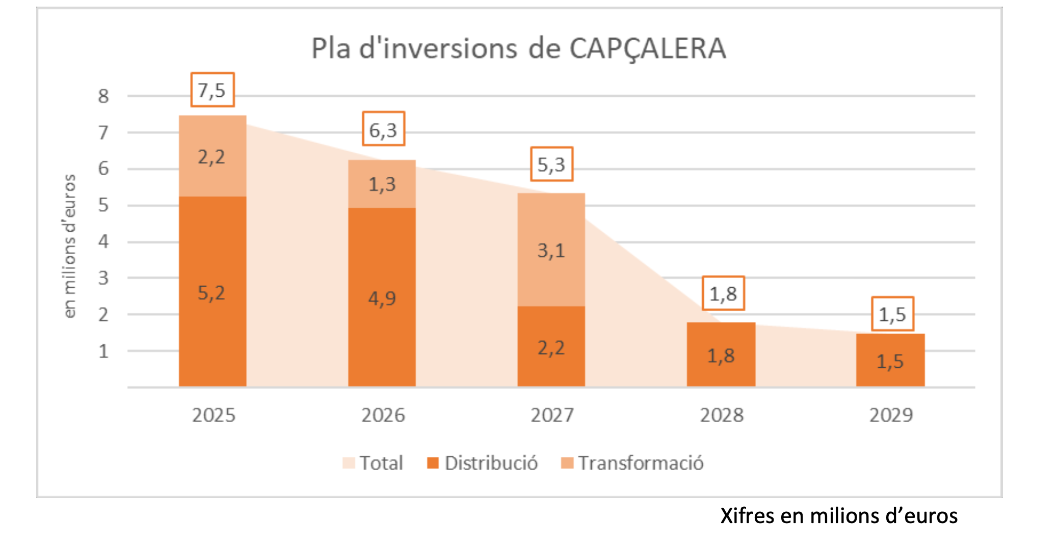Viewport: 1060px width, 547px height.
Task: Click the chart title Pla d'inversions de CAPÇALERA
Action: click(518, 49)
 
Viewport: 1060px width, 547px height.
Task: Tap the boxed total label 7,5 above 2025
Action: click(212, 90)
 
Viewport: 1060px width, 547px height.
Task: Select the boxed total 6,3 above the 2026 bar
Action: click(383, 129)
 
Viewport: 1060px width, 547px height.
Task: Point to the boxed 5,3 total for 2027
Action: click(551, 164)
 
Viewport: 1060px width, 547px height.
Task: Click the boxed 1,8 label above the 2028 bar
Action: click(723, 293)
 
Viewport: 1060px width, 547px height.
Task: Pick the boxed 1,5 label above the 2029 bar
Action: click(892, 314)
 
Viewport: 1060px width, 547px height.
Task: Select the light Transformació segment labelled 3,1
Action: click(551, 250)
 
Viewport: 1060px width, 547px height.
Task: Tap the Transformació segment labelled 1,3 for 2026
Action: click(382, 183)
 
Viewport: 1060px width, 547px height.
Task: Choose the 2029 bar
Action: click(890, 360)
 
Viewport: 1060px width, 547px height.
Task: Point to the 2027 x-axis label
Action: click(552, 415)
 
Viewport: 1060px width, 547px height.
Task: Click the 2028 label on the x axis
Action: click(722, 415)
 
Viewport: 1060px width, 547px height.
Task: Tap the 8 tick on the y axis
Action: click(103, 96)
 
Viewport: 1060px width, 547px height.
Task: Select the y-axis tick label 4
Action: click(103, 241)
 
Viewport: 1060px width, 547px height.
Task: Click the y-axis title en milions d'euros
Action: click(69, 246)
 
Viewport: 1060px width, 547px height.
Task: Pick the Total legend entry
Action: click(374, 463)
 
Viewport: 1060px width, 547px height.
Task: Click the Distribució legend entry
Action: click(483, 463)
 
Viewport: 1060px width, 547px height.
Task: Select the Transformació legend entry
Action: click(632, 463)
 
